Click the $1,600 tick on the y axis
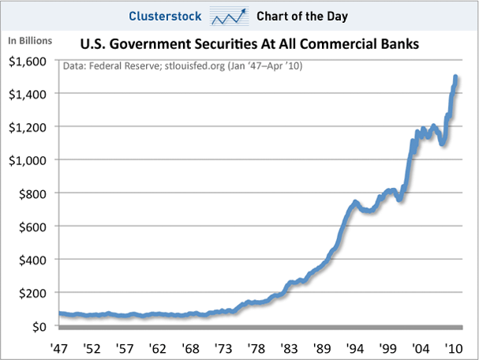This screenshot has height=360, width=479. tap(28, 61)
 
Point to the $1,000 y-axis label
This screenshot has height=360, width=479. tap(28, 160)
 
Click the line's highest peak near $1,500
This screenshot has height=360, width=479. tap(456, 77)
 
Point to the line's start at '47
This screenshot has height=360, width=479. tap(61, 313)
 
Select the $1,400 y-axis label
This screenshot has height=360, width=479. tap(28, 94)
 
